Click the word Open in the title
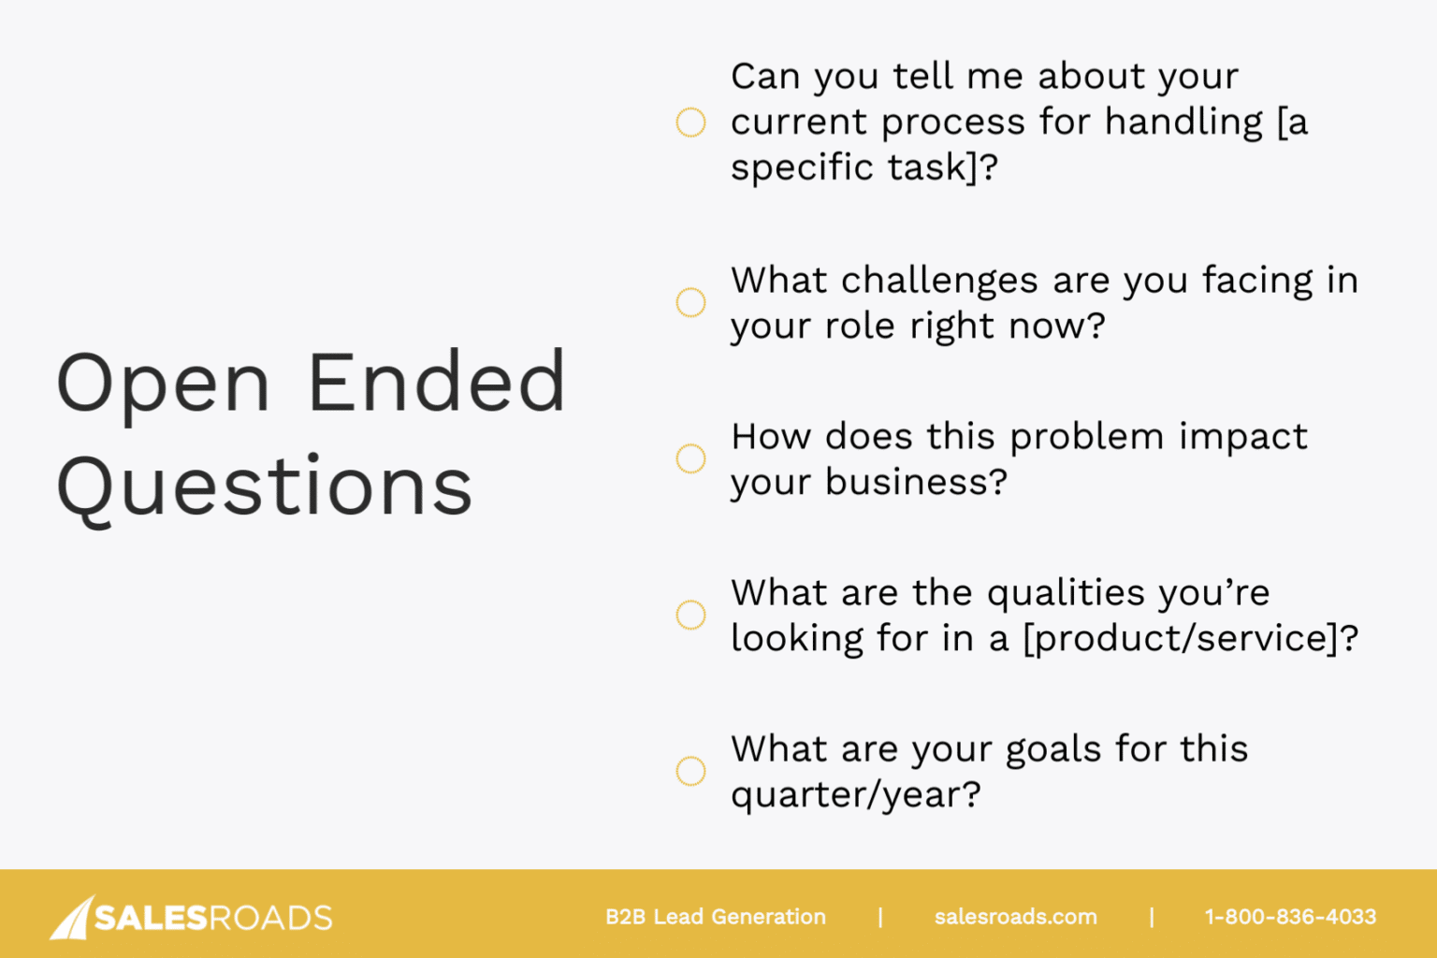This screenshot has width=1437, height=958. [163, 384]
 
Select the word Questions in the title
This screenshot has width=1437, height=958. [265, 486]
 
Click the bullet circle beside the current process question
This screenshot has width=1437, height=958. [690, 123]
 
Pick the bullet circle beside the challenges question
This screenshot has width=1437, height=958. [690, 302]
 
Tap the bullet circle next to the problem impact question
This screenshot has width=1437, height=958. [690, 458]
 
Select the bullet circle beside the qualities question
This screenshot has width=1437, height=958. [690, 615]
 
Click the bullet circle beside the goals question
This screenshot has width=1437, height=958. [690, 771]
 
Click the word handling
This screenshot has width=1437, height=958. [1183, 123]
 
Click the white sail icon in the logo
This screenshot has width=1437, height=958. [72, 918]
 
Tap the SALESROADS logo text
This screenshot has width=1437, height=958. [213, 918]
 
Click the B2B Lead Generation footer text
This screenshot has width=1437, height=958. [715, 917]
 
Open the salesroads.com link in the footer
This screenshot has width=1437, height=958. [1015, 917]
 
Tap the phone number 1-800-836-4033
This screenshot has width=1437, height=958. [1290, 917]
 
